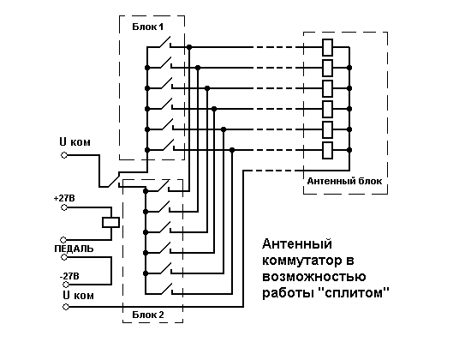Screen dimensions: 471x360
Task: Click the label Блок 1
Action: tap(148, 27)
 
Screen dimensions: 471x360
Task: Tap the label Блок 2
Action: tap(148, 315)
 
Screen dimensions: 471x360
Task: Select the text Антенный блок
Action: tap(344, 181)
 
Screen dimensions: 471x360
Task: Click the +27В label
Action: tap(64, 199)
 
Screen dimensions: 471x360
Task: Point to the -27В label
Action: tap(69, 276)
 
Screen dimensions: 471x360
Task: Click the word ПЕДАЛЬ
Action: tap(74, 249)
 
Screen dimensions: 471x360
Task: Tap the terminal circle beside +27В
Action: tap(64, 207)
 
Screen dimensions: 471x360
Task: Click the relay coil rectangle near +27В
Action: tap(110, 223)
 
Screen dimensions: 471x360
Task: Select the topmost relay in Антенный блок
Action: tap(327, 47)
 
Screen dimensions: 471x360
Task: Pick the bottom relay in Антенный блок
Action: tap(327, 150)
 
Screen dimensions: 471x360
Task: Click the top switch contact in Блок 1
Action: tap(164, 43)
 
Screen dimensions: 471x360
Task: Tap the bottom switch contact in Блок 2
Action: tap(165, 290)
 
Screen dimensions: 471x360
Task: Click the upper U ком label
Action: tap(75, 141)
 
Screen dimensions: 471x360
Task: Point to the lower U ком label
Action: tap(79, 296)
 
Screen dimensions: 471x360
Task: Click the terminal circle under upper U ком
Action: tap(64, 155)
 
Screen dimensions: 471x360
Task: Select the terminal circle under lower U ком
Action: tap(66, 307)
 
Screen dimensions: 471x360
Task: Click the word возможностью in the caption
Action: tap(314, 276)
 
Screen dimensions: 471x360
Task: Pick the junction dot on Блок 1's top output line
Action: tap(189, 47)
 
